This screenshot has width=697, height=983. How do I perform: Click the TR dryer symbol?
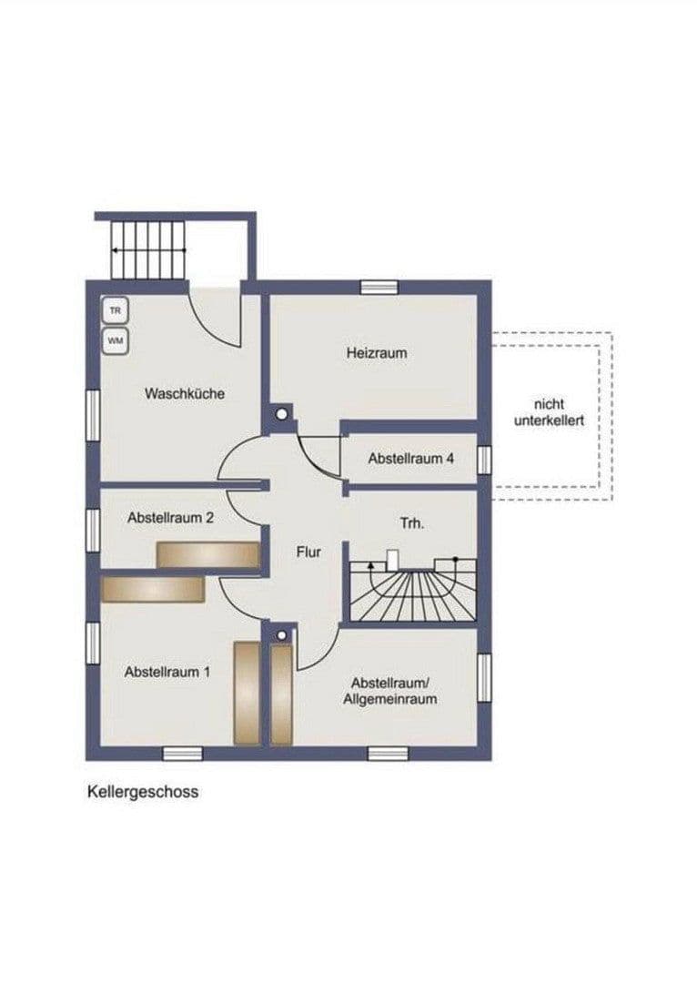pos(115,311)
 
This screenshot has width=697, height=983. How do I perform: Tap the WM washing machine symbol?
pos(115,341)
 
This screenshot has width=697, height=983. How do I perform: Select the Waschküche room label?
pos(184,394)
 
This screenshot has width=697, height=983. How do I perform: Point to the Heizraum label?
pos(376,352)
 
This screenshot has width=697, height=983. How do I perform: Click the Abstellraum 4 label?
pos(410,459)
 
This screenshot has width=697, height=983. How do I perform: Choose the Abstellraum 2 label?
pos(171,518)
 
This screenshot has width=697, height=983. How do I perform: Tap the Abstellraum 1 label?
pos(167,673)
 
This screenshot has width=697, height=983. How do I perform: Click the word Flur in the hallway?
pos(308,552)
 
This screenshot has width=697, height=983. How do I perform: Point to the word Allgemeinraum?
pos(390,700)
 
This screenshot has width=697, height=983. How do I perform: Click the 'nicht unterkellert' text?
pos(549,413)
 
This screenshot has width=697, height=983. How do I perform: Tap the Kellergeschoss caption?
pos(142,792)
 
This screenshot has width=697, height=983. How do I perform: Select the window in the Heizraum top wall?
pos(379,288)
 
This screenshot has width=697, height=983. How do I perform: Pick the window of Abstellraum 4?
pos(484,460)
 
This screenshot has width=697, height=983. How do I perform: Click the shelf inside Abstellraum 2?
pos(208,554)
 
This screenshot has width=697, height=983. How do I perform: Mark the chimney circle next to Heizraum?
pos(282,414)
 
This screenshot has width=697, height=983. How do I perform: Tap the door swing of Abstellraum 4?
pos(318,455)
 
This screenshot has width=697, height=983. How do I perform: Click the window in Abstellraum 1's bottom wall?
pos(182,753)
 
